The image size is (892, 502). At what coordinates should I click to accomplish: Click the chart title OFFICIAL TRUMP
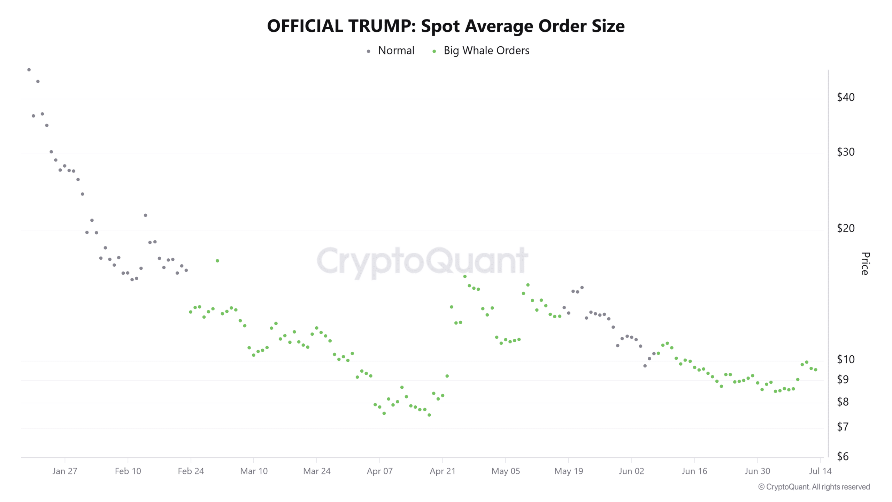[x=446, y=26]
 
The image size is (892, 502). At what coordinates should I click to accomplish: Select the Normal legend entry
[x=396, y=51]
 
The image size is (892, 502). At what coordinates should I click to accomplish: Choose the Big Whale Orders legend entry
[x=486, y=51]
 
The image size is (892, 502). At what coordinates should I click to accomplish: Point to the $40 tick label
[x=846, y=97]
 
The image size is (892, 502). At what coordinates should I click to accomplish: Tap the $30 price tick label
[x=846, y=152]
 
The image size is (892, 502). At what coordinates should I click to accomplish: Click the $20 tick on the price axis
[x=846, y=228]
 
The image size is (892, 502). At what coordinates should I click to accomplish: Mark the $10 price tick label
[x=846, y=359]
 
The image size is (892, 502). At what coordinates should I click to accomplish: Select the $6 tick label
[x=843, y=456]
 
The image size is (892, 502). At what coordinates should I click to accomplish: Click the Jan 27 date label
[x=64, y=471]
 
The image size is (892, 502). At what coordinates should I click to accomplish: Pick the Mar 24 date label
[x=316, y=471]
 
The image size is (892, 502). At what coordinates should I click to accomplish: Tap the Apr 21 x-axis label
[x=442, y=471]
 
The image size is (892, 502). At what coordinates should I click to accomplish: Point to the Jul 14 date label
[x=820, y=471]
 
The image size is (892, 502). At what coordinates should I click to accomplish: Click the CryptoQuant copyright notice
[x=814, y=487]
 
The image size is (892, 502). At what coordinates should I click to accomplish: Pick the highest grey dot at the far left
[x=29, y=70]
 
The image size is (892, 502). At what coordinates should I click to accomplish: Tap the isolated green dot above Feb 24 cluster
[x=217, y=261]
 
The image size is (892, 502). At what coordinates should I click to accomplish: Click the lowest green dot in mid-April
[x=429, y=415]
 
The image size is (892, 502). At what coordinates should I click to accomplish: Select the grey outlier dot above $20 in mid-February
[x=145, y=215]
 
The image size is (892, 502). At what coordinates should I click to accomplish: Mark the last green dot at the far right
[x=816, y=370]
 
